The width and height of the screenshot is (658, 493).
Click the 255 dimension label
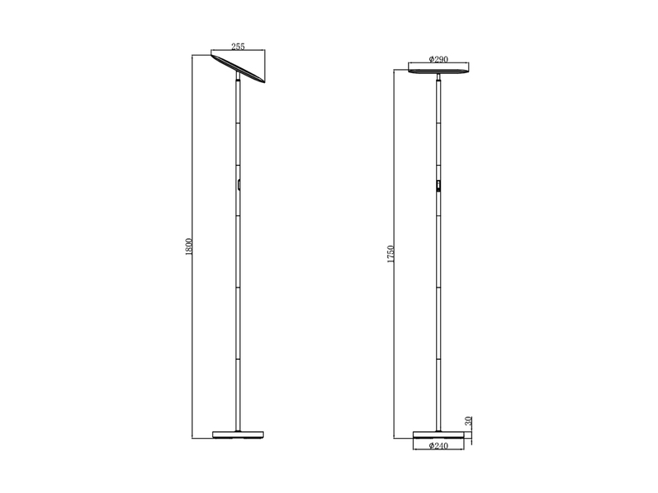tap(239, 48)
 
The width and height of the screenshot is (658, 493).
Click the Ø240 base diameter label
tap(439, 447)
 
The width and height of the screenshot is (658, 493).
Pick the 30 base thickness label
tap(468, 421)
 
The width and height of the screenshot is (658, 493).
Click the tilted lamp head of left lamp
tap(239, 67)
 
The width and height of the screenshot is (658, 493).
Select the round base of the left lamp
tap(238, 432)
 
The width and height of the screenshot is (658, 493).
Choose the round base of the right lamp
tap(439, 432)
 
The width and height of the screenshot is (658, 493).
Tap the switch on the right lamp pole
tap(438, 187)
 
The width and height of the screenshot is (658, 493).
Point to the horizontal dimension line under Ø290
tap(440, 65)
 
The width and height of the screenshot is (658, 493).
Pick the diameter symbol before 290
tap(431, 60)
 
